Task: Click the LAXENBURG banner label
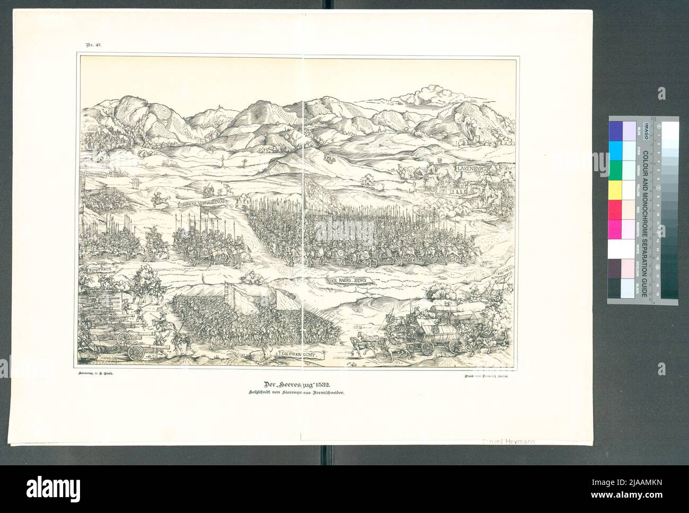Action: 473,169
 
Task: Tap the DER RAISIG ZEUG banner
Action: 349,281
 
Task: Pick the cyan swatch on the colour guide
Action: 616,148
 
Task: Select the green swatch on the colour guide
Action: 616,169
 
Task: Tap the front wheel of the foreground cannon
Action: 135,351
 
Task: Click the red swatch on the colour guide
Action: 616,208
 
